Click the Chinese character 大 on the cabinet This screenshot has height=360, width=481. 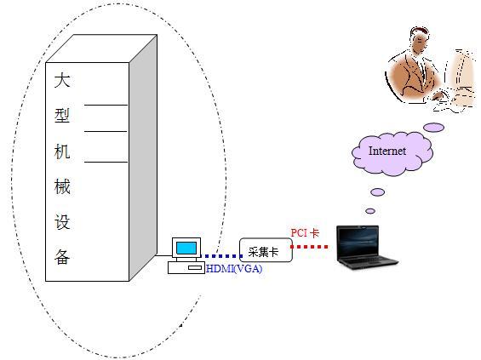62,80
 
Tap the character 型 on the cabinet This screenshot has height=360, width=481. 62,116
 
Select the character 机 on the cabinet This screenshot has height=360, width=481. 62,151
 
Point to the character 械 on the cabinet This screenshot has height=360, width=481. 62,186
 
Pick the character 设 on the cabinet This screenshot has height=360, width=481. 62,222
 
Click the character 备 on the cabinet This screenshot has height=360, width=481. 62,257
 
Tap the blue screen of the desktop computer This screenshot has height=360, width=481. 186,248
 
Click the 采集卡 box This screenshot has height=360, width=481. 266,250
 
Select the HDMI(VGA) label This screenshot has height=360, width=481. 234,269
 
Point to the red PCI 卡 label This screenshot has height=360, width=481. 305,233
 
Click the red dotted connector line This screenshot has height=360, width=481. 309,247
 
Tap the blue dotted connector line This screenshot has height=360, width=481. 221,256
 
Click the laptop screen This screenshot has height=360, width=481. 358,243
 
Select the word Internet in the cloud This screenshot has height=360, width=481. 387,151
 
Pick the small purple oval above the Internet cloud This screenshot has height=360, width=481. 434,128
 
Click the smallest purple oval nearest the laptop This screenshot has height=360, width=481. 370,211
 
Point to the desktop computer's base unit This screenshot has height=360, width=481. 186,267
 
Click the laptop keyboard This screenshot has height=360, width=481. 369,261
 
